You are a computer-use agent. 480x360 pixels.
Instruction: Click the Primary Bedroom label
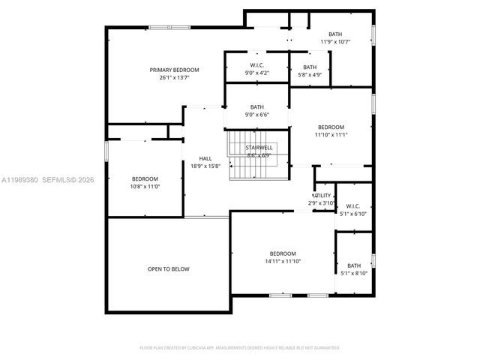pos(174,70)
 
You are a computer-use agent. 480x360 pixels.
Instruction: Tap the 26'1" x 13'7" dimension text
pos(174,77)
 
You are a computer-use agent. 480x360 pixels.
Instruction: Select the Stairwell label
pos(259,148)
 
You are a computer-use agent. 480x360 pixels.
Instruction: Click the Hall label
pos(205,158)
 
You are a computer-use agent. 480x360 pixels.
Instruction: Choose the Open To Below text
pos(168,268)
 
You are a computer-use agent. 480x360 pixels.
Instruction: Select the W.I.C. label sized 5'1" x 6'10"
pos(352,206)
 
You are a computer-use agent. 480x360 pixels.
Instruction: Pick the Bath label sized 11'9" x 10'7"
pos(335,34)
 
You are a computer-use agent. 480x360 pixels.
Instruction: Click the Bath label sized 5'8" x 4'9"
pos(310,67)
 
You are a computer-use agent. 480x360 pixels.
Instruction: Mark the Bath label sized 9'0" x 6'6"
pos(257,106)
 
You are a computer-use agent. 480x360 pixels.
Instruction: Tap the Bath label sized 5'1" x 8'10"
pos(354,265)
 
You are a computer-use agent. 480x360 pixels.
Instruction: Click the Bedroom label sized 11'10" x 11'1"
pos(331,127)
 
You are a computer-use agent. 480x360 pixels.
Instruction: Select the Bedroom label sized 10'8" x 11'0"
pos(145,178)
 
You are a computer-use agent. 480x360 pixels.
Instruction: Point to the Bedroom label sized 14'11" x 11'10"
pos(283,253)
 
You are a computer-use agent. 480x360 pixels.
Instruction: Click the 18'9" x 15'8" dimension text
pos(205,166)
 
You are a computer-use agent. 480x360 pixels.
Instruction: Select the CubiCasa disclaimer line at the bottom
pos(240,347)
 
